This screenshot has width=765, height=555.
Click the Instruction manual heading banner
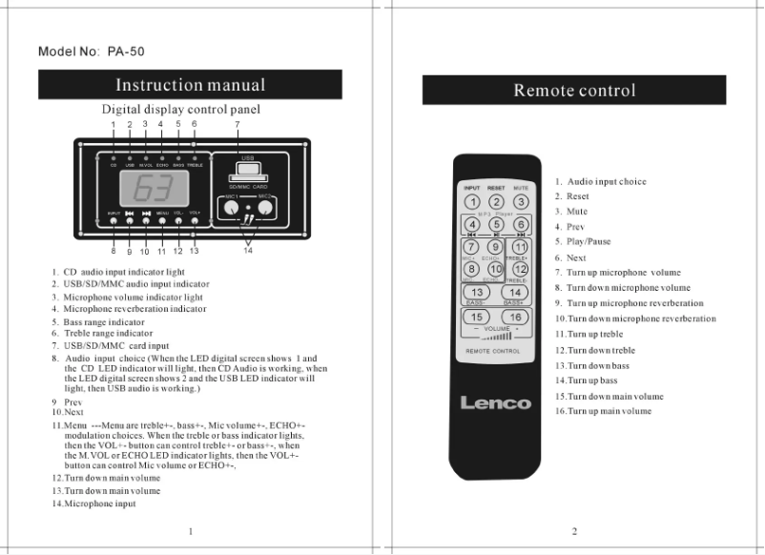click(x=191, y=86)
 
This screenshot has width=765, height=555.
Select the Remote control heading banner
click(x=573, y=91)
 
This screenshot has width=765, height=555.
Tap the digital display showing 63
click(x=154, y=187)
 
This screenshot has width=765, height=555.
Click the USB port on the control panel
click(x=247, y=169)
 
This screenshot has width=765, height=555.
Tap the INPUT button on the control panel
click(x=114, y=220)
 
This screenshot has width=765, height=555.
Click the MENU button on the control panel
click(x=162, y=220)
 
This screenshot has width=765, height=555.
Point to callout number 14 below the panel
click(x=249, y=253)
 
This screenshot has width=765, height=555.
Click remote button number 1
click(x=470, y=202)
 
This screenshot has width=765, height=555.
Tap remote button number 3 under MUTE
click(x=520, y=202)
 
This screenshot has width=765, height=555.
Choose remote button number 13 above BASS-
click(x=475, y=291)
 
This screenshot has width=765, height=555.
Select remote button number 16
click(x=515, y=317)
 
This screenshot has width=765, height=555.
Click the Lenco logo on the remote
click(x=495, y=401)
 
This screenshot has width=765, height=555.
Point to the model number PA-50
click(x=91, y=51)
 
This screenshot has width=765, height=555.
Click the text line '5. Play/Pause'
click(x=583, y=242)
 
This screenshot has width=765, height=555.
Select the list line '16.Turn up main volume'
click(x=604, y=411)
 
